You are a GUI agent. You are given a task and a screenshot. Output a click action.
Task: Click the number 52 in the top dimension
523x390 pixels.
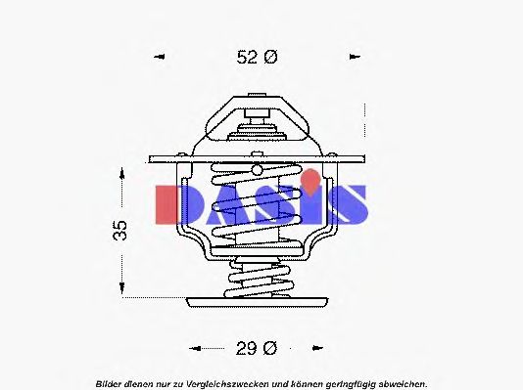[x=249, y=58]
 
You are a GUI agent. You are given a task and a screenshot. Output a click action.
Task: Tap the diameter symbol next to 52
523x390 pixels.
[x=271, y=58]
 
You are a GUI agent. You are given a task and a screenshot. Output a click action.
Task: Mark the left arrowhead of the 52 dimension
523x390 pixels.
[x=159, y=58]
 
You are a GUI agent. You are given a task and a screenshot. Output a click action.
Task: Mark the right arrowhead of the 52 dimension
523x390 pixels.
[x=357, y=58]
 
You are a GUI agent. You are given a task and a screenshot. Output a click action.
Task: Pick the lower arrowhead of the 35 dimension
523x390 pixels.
[x=121, y=289]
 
